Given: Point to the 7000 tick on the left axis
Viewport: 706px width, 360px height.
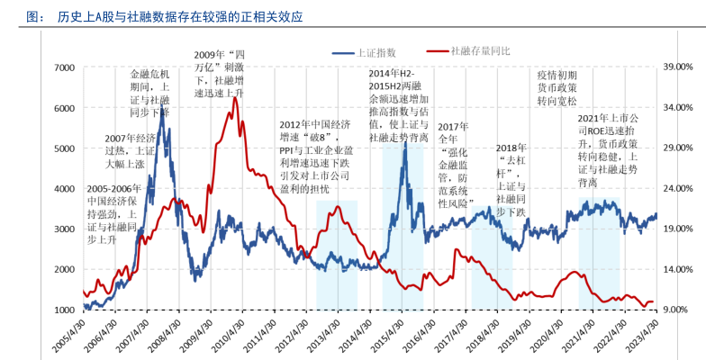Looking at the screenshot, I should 62,67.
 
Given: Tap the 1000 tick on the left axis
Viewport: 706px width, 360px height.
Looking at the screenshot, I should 62,310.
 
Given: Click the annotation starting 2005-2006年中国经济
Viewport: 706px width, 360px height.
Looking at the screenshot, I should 112,215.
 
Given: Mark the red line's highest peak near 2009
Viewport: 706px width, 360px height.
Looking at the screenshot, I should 235,98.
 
